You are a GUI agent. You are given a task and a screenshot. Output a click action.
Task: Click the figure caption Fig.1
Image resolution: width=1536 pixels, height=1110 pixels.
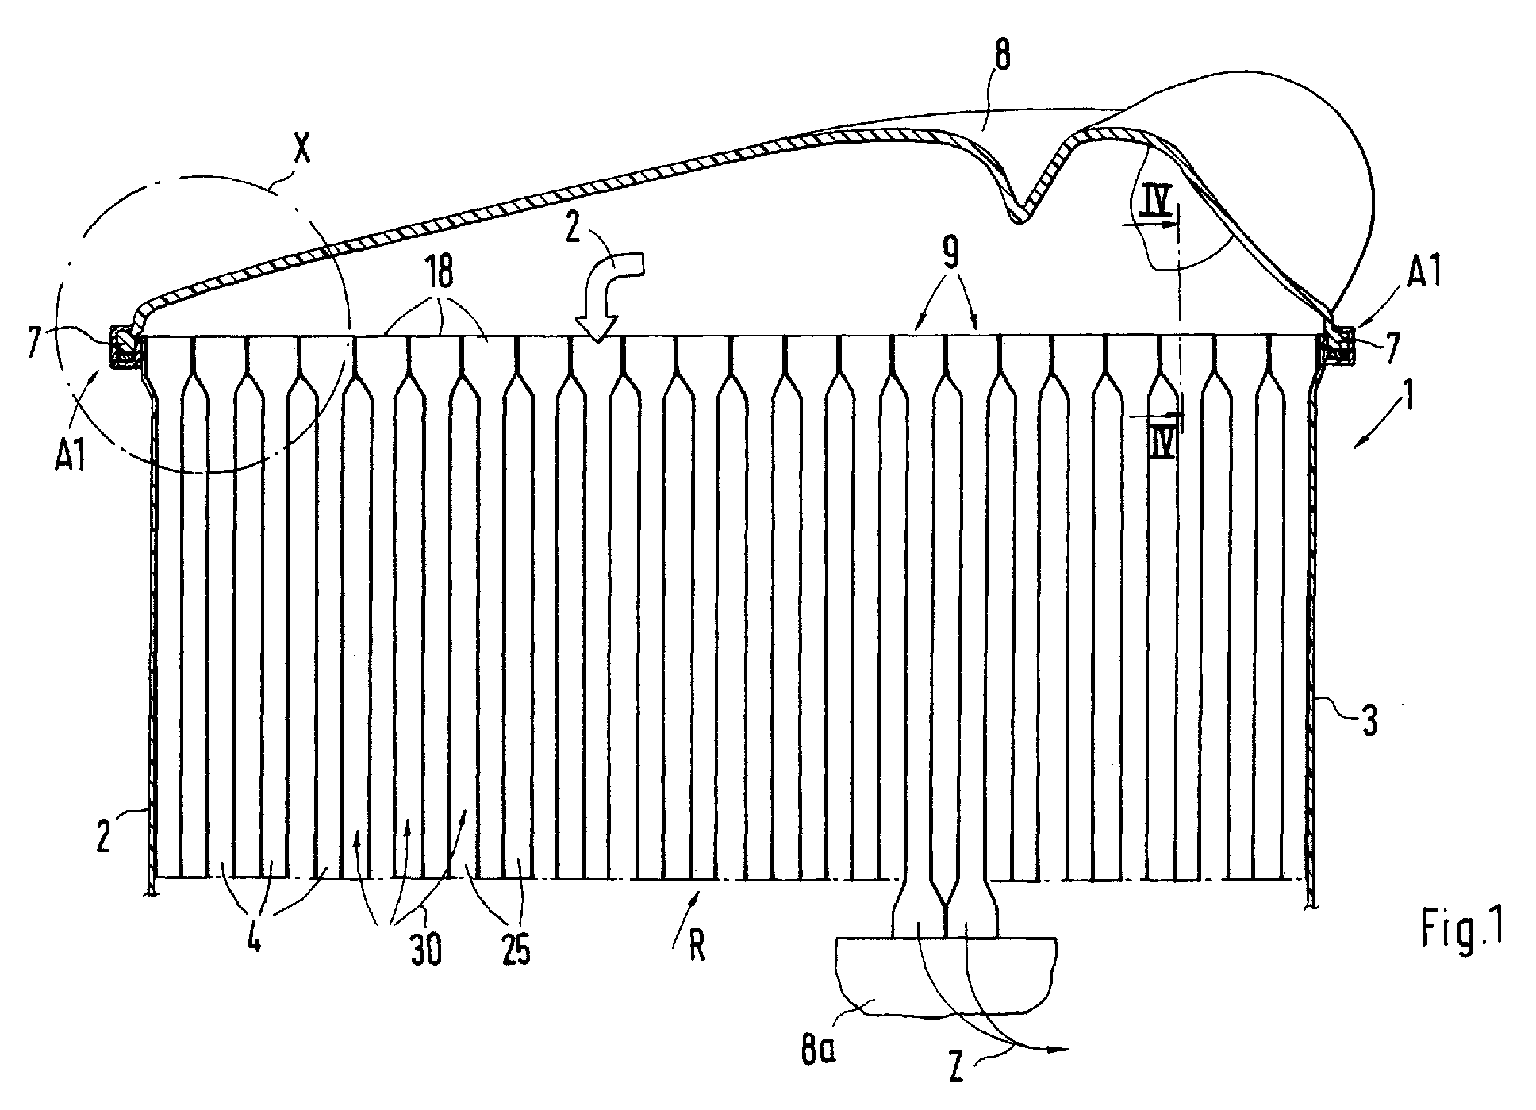point(1461,930)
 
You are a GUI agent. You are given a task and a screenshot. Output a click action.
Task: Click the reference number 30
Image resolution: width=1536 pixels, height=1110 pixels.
point(426,950)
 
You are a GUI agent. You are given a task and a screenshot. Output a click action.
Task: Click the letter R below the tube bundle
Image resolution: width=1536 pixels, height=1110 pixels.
point(696,947)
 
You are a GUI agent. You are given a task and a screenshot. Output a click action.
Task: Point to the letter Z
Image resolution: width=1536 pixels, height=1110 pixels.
point(957,1070)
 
